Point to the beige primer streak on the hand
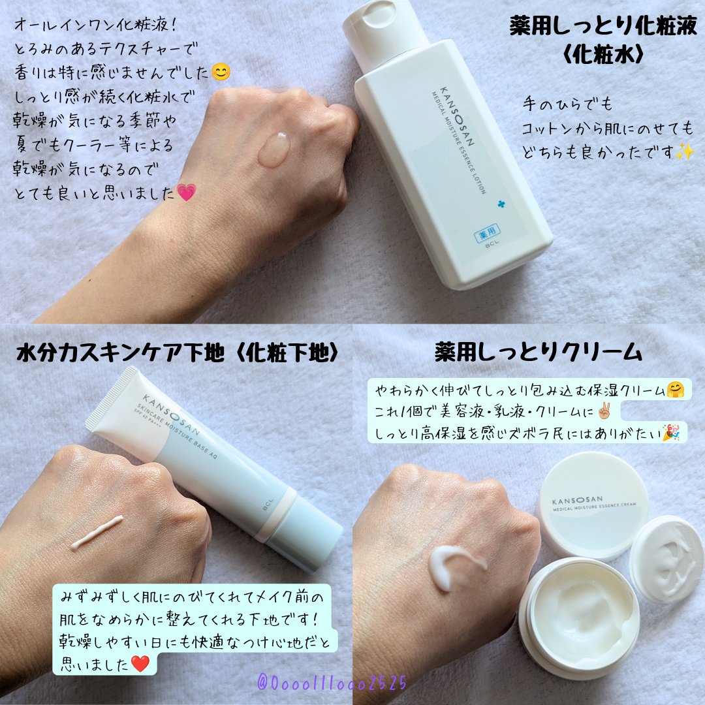[97, 532]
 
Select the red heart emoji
[141, 663]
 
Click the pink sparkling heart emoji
[187, 193]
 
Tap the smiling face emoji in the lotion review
[222, 73]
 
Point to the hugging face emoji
[674, 390]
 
